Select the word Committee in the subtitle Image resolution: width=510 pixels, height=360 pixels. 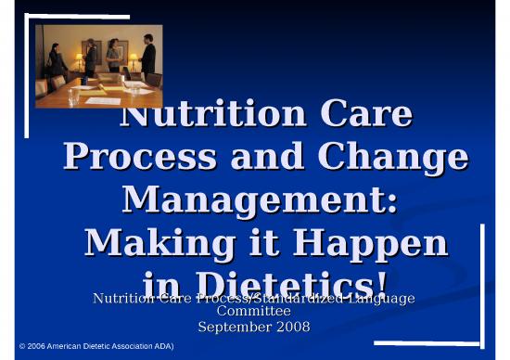pos(254,312)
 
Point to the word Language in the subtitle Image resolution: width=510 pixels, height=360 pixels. pos(380,298)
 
